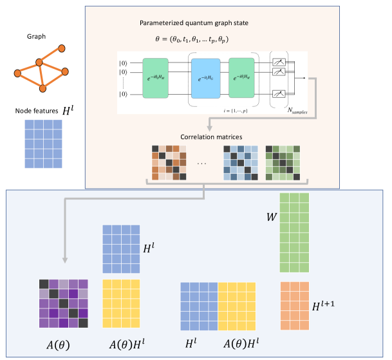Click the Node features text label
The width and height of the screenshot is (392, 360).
[x=35, y=111]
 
